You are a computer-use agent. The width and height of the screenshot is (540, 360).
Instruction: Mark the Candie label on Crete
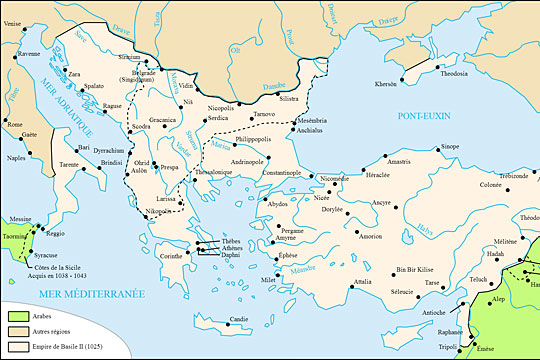(x=237, y=319)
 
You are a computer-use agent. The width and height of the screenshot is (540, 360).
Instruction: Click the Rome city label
(x=15, y=125)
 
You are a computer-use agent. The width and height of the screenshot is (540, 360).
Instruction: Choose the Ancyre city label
(x=381, y=202)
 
